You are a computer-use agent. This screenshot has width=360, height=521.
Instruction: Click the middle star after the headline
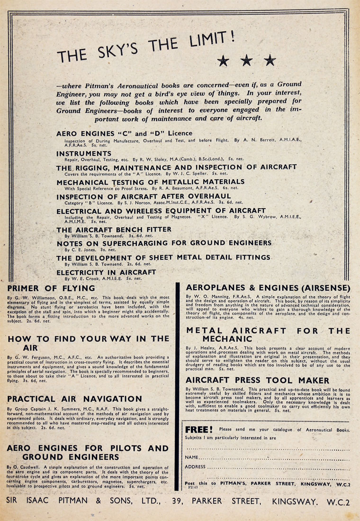(246, 60)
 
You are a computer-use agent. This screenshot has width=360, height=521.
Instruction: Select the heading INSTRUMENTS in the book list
(84, 154)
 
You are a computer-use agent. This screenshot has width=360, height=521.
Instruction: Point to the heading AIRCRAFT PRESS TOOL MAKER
(258, 380)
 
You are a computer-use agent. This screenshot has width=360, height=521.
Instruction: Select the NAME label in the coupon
(191, 457)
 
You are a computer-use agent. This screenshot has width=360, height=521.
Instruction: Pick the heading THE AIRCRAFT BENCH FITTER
(114, 229)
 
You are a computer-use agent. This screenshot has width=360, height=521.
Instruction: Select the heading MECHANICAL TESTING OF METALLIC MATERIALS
(150, 182)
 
